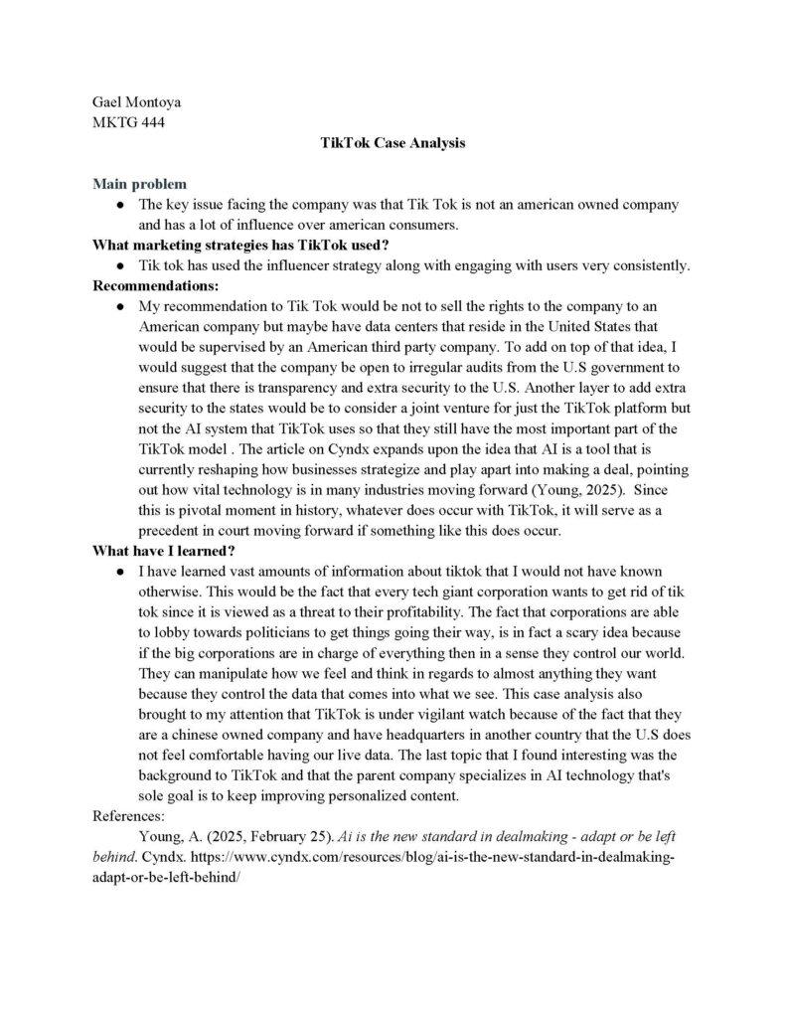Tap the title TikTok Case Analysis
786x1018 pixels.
393,143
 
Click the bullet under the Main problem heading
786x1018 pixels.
119,205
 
